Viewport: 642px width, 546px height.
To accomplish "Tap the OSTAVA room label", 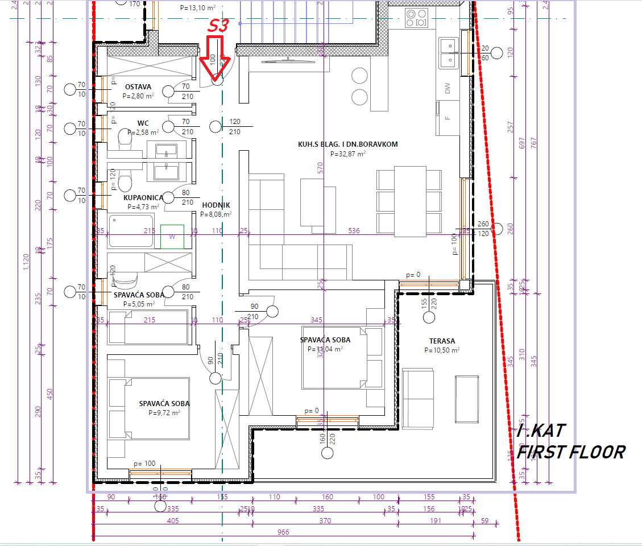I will coord(138,87).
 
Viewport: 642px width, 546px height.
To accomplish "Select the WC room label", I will coord(143,123).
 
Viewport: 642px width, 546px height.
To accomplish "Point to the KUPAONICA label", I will coord(143,198).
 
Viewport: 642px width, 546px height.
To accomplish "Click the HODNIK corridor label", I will coord(216,205).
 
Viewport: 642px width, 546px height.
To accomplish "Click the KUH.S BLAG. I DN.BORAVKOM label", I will coord(347,144).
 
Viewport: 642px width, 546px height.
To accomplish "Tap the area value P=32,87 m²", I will coord(347,154).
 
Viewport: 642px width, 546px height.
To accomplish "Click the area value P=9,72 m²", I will coord(164,413).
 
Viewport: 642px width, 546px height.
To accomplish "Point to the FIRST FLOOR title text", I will coord(570,452).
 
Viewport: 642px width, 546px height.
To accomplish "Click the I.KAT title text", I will coord(541,431).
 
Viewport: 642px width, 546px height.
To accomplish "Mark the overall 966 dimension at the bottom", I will coord(283,532).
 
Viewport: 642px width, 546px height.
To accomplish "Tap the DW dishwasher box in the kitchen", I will coord(448,88).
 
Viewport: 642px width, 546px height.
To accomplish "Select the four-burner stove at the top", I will coord(417,18).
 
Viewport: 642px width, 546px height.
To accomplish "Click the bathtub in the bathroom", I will coord(131,231).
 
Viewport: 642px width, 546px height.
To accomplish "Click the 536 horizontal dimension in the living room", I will coord(354,231).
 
